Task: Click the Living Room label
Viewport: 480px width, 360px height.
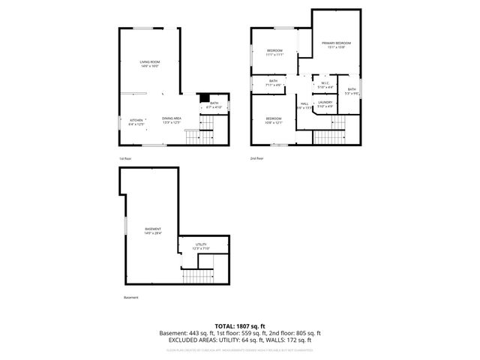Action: click(150, 61)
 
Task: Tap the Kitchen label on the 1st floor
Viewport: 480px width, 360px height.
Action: click(136, 120)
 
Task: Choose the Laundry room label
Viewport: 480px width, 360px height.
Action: click(325, 102)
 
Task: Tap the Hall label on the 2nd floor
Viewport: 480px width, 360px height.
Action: click(304, 103)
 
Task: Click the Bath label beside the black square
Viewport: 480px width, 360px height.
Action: click(214, 103)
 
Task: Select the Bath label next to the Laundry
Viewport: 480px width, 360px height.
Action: click(352, 90)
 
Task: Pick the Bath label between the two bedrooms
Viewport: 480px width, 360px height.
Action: click(274, 81)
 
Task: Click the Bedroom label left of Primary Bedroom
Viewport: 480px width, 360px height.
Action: click(274, 50)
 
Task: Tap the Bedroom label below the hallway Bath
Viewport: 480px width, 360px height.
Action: click(274, 118)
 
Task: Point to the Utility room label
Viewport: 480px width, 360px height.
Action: click(201, 244)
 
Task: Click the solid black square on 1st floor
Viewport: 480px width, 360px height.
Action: click(202, 97)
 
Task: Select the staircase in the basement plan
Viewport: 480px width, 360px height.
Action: click(198, 275)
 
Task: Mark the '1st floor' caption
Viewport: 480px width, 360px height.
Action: click(124, 159)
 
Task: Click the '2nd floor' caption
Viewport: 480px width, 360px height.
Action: click(257, 159)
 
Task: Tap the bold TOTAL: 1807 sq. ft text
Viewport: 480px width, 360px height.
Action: click(240, 325)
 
